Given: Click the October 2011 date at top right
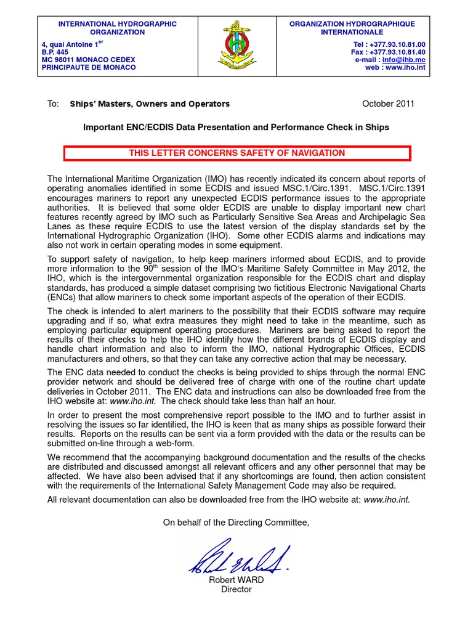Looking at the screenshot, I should point(388,104).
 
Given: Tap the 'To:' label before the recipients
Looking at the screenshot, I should point(53,104).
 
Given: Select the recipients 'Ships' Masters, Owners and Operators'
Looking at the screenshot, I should point(150,104).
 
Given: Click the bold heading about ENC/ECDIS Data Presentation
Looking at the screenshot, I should point(236,127).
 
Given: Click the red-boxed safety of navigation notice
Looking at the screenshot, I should point(236,153).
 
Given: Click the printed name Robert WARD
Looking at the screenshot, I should point(236,580).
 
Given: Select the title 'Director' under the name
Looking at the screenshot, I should point(236,590).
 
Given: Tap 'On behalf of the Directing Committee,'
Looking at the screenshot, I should point(236,523).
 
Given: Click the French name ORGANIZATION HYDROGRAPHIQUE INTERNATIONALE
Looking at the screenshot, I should point(352,28).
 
